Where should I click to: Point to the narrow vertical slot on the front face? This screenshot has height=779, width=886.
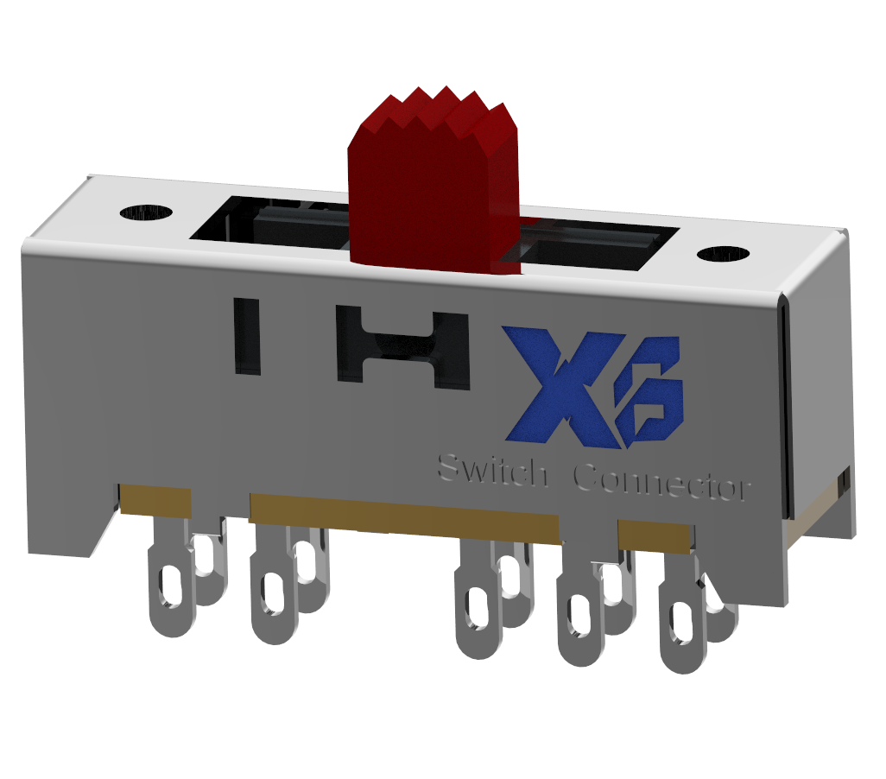click(247, 336)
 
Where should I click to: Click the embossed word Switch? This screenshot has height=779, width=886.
click(490, 472)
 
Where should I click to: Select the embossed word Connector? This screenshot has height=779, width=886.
click(661, 484)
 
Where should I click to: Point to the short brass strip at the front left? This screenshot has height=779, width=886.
click(155, 500)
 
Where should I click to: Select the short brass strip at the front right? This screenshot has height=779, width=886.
click(655, 535)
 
